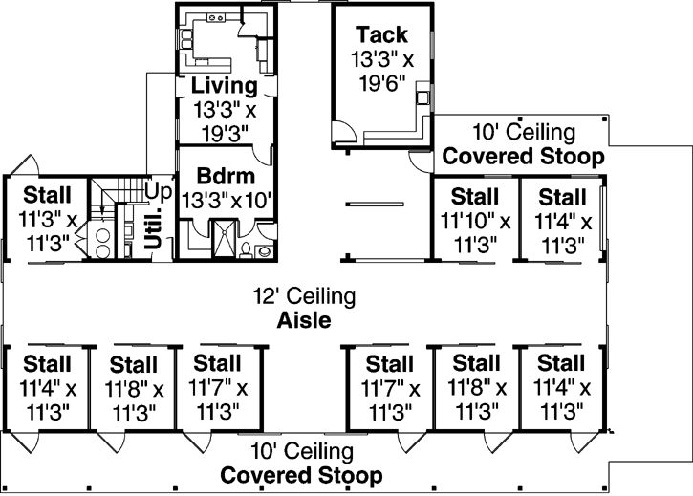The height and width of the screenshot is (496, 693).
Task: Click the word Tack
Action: click(x=382, y=34)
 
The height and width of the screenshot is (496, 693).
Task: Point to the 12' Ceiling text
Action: click(x=304, y=297)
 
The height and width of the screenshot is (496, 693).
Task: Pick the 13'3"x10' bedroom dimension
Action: click(x=225, y=201)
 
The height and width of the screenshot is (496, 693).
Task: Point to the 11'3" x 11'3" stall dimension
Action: click(x=45, y=230)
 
